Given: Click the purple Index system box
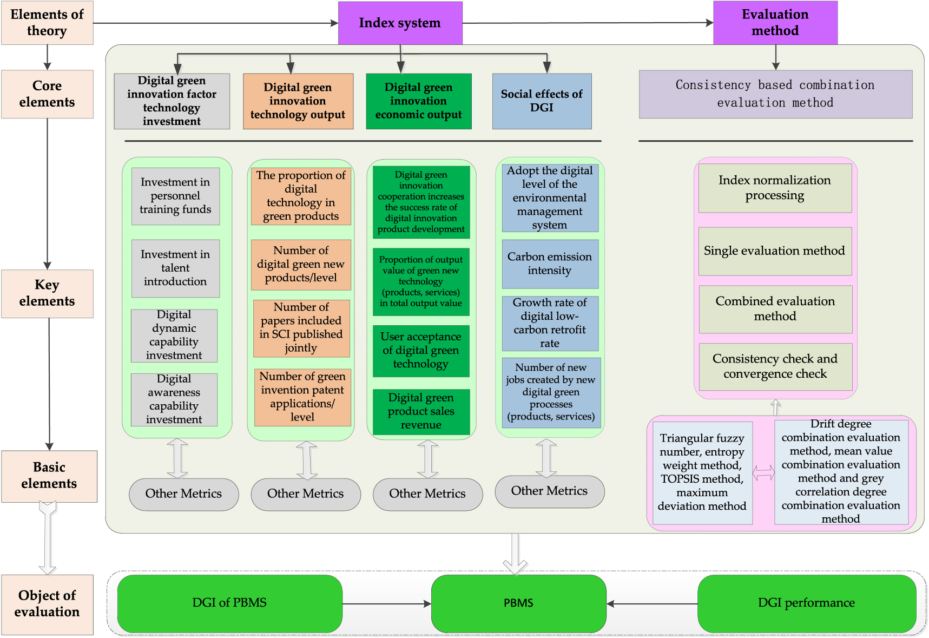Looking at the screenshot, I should pos(400,23).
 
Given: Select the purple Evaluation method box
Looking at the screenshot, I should pos(775,23).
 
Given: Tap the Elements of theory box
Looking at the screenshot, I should pos(47,23).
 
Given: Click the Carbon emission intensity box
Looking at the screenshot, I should pos(550,264).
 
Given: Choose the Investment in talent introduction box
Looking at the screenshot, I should pos(175,268).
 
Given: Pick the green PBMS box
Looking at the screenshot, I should pos(518,603).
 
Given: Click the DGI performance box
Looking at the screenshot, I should pos(806,603).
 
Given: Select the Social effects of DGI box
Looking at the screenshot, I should pos(542,101).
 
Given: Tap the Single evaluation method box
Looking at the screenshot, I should pos(775,251).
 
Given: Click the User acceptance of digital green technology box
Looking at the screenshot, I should pos(421,351).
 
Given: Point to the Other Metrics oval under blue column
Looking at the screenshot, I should pos(549,491).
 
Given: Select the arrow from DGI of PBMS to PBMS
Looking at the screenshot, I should pos(386,603).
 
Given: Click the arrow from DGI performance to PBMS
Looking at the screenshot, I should pos(652,603).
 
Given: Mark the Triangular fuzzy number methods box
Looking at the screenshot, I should pos(702,472).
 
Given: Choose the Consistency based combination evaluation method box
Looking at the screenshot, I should pos(775,94).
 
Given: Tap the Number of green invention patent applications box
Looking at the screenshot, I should pos(302,397).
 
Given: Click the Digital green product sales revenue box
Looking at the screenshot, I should pos(421,411).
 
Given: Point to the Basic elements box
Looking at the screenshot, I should pos(49,476).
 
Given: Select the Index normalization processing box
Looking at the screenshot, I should pos(775,188).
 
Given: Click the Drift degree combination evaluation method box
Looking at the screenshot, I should pos(841,471).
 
